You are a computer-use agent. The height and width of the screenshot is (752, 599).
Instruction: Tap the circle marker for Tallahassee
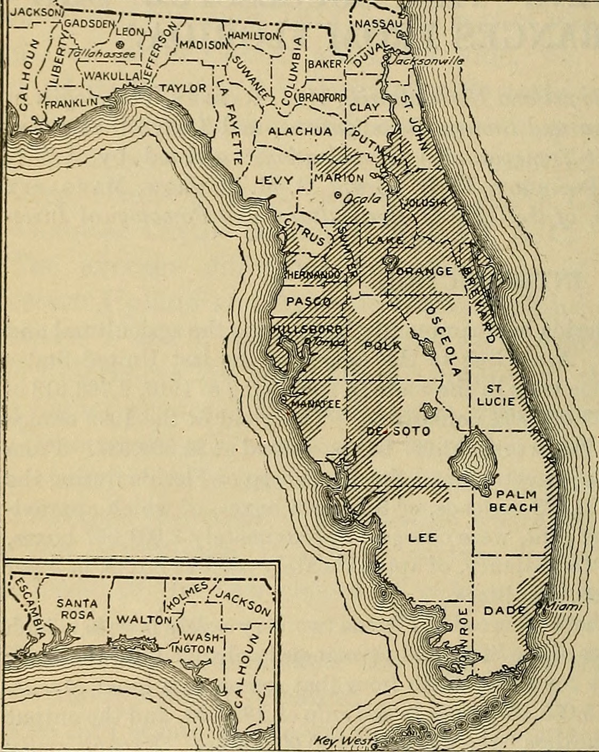pyautogui.click(x=120, y=44)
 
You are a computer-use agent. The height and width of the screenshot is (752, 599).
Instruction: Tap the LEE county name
pyautogui.click(x=422, y=537)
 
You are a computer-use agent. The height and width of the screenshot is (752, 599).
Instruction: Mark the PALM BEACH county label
pyautogui.click(x=513, y=501)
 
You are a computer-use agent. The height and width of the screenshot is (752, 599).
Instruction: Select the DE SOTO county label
pyautogui.click(x=399, y=431)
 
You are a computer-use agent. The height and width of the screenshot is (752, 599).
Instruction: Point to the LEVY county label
pyautogui.click(x=274, y=181)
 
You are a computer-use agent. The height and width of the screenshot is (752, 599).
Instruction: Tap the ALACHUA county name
pyautogui.click(x=299, y=132)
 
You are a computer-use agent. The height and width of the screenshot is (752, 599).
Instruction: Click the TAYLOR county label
pyautogui.click(x=183, y=88)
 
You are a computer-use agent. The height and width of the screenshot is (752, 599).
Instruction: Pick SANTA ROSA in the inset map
pyautogui.click(x=78, y=609)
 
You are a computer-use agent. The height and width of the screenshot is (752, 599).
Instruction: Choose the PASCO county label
pyautogui.click(x=309, y=301)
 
